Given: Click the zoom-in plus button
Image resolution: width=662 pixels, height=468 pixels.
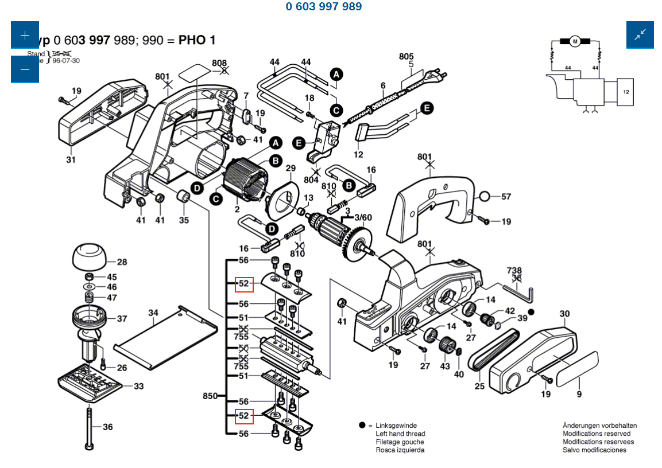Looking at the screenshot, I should pyautogui.click(x=25, y=35).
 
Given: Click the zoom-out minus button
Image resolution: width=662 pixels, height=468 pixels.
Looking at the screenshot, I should pyautogui.click(x=25, y=69).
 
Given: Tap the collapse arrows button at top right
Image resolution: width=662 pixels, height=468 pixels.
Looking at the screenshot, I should pyautogui.click(x=640, y=35).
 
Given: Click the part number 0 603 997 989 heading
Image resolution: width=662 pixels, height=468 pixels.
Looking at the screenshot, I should pyautogui.click(x=324, y=7).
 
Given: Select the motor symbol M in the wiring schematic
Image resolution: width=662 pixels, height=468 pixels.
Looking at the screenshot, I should pyautogui.click(x=575, y=41).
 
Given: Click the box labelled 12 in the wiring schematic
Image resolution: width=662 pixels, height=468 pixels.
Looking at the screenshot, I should pyautogui.click(x=626, y=92).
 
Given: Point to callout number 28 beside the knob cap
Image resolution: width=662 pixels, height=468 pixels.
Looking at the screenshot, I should pyautogui.click(x=122, y=262).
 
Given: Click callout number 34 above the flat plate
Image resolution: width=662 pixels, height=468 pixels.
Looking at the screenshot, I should pyautogui.click(x=153, y=313).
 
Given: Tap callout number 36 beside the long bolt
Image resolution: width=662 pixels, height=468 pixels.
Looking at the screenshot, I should pyautogui.click(x=108, y=427).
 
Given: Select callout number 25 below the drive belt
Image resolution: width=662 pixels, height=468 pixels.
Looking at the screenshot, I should pyautogui.click(x=479, y=386).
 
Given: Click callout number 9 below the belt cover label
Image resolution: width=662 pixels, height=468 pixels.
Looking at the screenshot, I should pyautogui.click(x=579, y=394).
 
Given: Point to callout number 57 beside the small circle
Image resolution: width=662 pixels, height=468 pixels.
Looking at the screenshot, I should pyautogui.click(x=506, y=197).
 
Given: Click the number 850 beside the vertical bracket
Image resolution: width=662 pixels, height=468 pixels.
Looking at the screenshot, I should pyautogui.click(x=211, y=396).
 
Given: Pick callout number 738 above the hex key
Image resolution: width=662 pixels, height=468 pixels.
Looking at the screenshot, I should pyautogui.click(x=514, y=270).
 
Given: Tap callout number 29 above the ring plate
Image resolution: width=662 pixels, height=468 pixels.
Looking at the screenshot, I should pyautogui.click(x=291, y=168).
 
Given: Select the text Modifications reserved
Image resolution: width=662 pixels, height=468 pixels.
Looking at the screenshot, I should pyautogui.click(x=596, y=434).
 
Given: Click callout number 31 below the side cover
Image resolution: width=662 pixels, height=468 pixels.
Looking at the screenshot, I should pyautogui.click(x=71, y=159).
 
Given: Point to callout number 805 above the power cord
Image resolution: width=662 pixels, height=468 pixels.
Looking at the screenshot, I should pyautogui.click(x=407, y=56).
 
